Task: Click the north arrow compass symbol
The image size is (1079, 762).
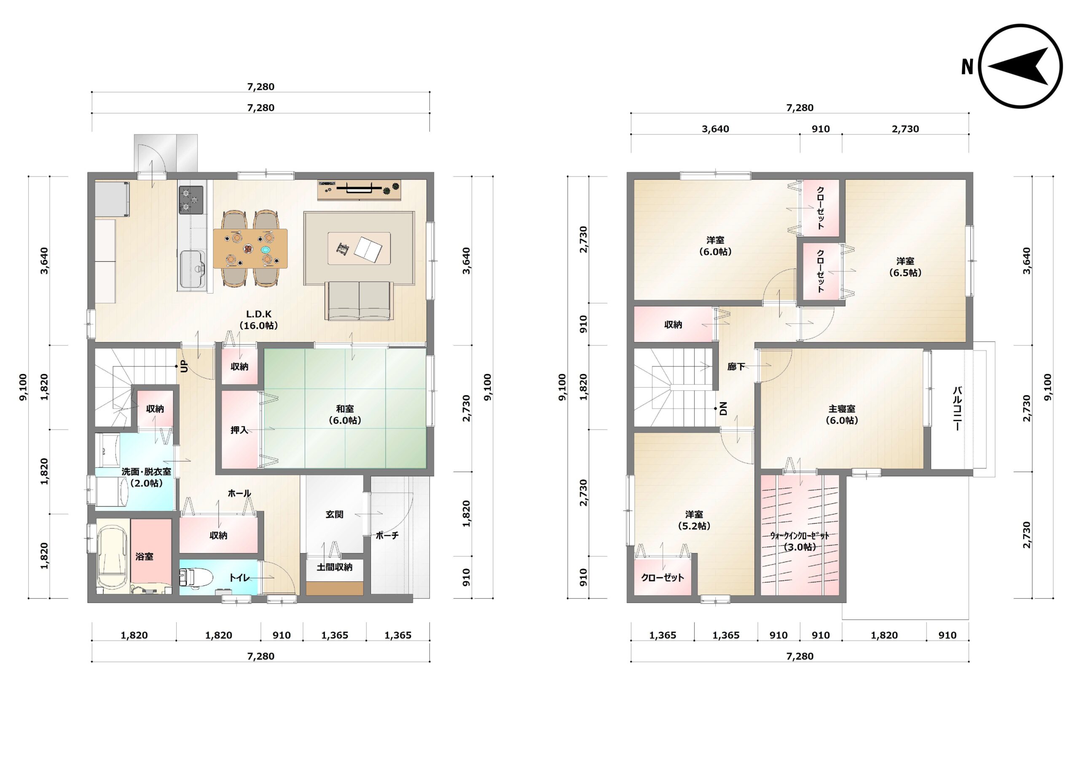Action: click(x=1021, y=66)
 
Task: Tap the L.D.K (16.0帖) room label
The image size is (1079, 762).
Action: click(x=259, y=319)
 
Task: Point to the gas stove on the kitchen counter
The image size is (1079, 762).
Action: click(x=191, y=200)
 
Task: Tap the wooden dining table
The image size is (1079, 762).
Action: click(x=250, y=249)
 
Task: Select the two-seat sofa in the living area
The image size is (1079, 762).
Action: click(x=360, y=301)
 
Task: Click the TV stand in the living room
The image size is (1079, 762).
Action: click(x=360, y=190)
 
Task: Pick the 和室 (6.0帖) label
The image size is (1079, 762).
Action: click(x=345, y=414)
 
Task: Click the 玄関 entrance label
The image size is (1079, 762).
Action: click(x=334, y=514)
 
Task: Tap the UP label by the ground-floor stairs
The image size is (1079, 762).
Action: click(x=184, y=366)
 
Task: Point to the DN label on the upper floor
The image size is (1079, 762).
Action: click(x=723, y=409)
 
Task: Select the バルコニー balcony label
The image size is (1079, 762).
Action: click(x=957, y=409)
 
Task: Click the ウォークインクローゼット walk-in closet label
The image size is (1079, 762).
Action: click(x=800, y=541)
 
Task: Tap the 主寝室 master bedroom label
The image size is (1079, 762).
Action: click(x=842, y=414)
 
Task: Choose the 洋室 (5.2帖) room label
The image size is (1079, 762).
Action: click(x=694, y=520)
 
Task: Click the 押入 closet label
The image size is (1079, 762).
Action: click(x=239, y=430)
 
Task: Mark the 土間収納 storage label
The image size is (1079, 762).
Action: click(x=334, y=567)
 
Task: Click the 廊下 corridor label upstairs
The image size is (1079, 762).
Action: click(x=736, y=366)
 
